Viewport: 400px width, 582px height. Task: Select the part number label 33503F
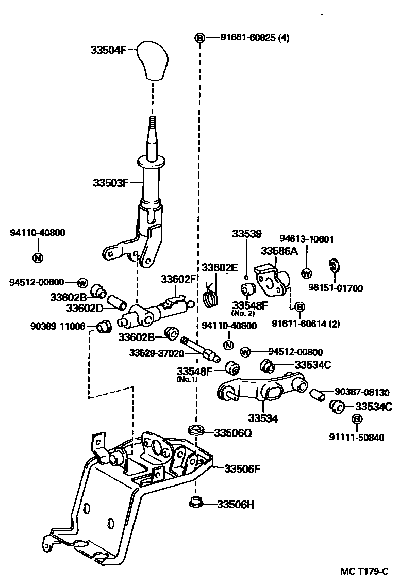(x=110, y=183)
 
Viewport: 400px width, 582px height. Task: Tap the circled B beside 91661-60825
(x=199, y=38)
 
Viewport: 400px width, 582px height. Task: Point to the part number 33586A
(x=279, y=251)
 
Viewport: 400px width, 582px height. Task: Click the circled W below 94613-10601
(x=307, y=273)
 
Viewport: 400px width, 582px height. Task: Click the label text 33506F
(x=242, y=468)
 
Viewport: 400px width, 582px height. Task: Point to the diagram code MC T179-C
(x=363, y=572)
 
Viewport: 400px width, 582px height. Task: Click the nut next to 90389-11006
(x=104, y=327)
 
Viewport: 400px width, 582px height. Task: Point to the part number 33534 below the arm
(x=262, y=418)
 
